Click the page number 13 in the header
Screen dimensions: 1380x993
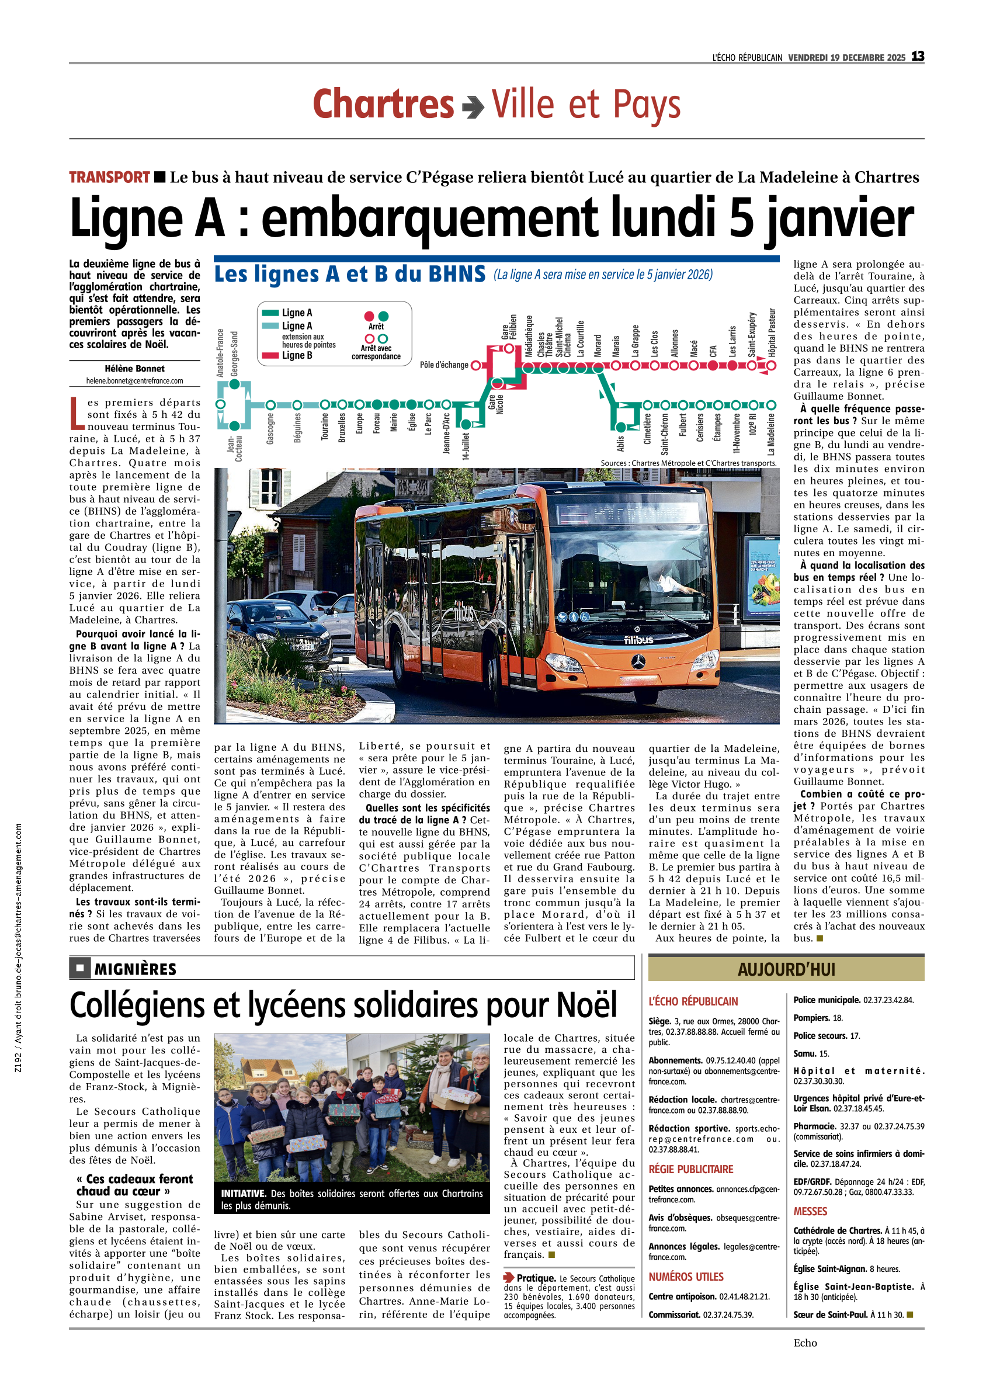point(917,57)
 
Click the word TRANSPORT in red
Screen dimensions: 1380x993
point(109,177)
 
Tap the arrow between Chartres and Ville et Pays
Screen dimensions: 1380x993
point(473,108)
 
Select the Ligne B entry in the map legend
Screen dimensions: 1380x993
point(296,355)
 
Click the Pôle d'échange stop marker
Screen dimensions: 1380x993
point(476,365)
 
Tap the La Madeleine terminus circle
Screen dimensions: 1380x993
point(771,405)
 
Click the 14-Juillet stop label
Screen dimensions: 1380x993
point(466,445)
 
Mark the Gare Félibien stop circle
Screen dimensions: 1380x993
point(509,349)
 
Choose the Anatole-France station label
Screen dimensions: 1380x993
point(220,353)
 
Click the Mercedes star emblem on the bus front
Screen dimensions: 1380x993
point(637,661)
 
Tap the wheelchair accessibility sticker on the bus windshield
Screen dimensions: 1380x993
point(585,616)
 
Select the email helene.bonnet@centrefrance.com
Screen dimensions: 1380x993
point(134,381)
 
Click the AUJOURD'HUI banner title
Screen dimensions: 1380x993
point(786,969)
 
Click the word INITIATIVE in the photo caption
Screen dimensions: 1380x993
point(244,1194)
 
